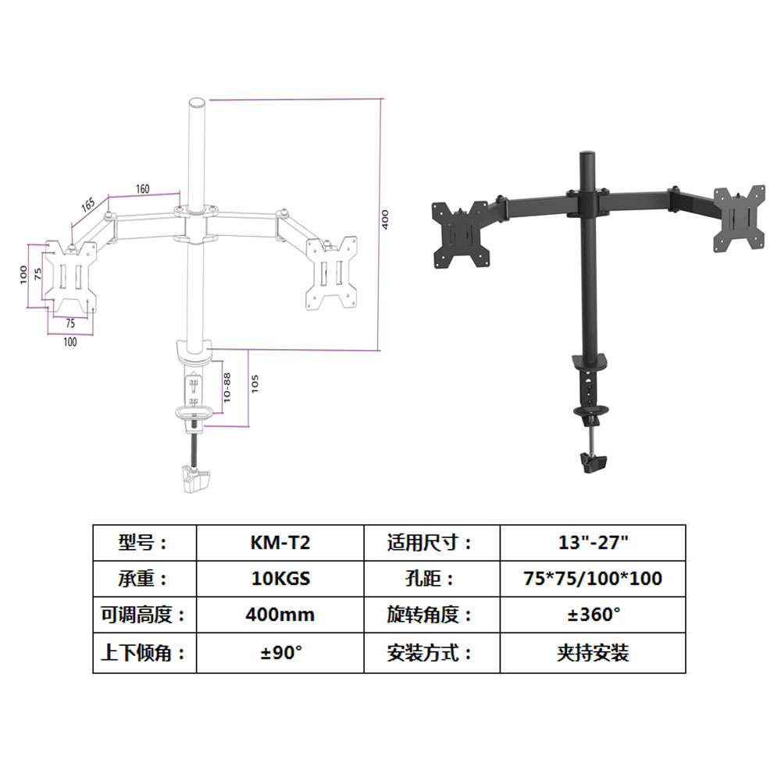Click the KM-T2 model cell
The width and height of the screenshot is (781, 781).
[280, 542]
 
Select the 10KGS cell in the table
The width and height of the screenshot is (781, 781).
[280, 579]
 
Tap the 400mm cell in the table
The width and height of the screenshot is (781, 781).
[280, 615]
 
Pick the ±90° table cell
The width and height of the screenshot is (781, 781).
[280, 652]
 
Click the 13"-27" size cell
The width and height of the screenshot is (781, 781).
[593, 542]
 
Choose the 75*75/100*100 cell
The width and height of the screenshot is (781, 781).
[593, 579]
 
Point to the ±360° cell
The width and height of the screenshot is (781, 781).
[593, 615]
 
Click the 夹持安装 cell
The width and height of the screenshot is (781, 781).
[593, 652]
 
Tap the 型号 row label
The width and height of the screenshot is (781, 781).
[144, 542]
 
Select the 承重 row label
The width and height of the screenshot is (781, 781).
[144, 579]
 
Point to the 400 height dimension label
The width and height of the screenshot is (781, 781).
[385, 221]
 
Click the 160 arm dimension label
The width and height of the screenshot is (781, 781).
[143, 189]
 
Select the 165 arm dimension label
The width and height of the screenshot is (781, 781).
[87, 205]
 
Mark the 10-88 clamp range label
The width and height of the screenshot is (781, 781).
[226, 385]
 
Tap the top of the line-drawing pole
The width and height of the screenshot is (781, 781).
[196, 102]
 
